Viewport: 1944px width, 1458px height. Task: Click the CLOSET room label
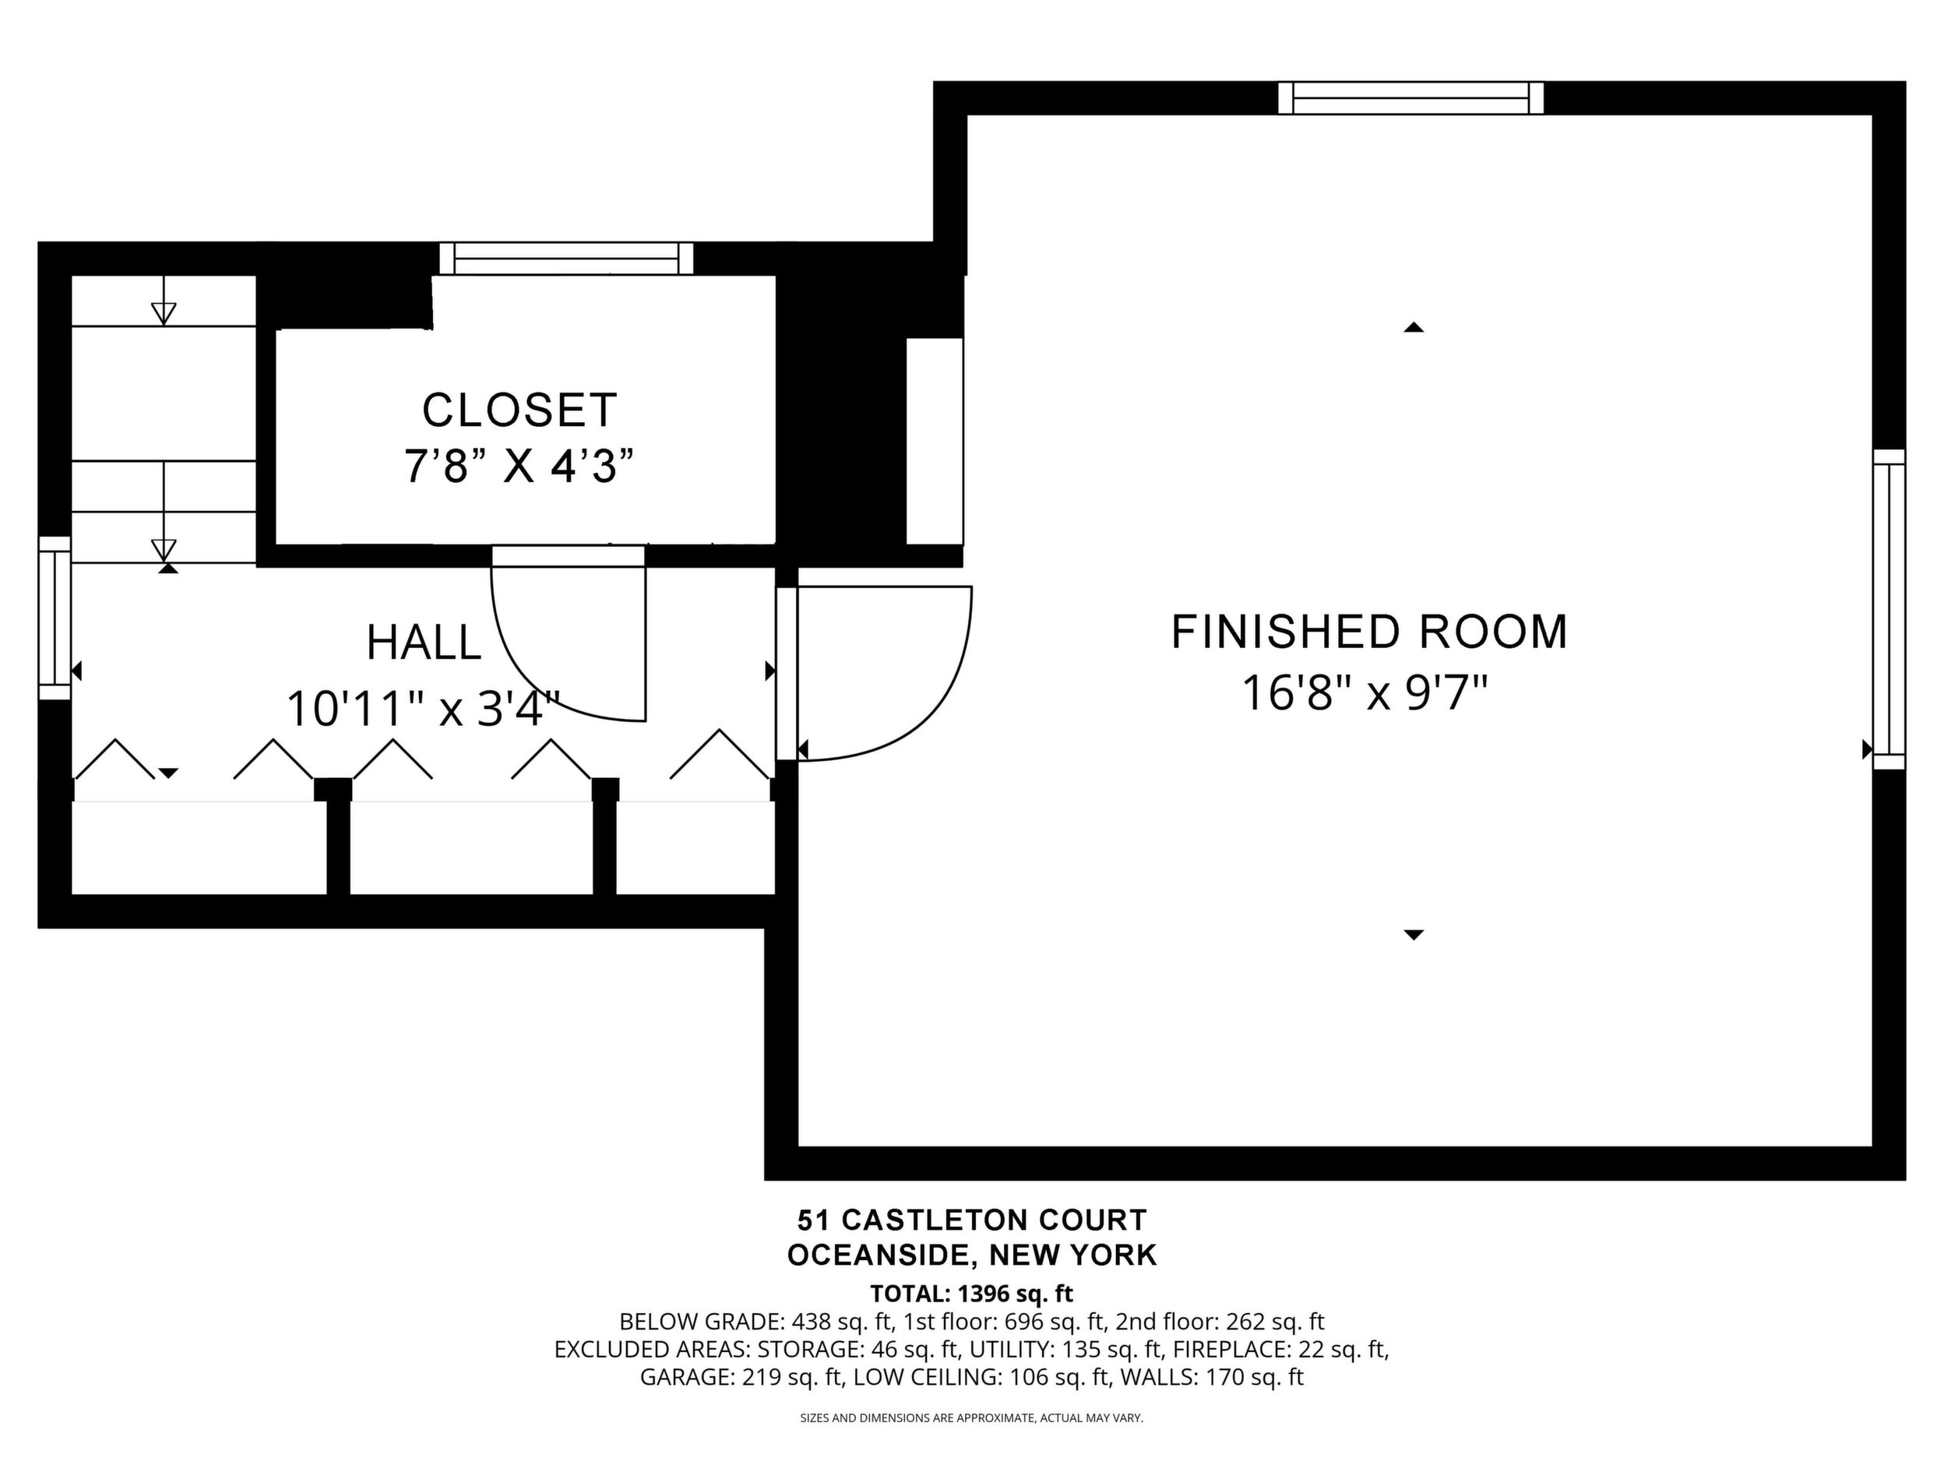coord(519,410)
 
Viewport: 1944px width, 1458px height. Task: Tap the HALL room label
coord(424,643)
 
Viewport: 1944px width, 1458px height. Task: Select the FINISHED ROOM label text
coord(1369,632)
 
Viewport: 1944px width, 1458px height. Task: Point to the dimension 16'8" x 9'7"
coord(1364,692)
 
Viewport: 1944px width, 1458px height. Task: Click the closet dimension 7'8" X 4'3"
coord(519,466)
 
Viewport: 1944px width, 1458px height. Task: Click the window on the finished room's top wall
coord(1410,97)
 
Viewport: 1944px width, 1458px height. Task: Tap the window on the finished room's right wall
coord(1889,609)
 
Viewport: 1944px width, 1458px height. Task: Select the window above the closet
coord(567,259)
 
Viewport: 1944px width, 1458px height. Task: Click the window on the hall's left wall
coord(55,618)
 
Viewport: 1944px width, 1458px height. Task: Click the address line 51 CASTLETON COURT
coord(972,1220)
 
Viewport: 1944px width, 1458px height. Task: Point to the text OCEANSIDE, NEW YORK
coord(972,1255)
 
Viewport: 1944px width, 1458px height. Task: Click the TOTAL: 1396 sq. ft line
coord(972,1294)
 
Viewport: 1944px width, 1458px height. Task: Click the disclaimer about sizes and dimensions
coord(971,1417)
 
